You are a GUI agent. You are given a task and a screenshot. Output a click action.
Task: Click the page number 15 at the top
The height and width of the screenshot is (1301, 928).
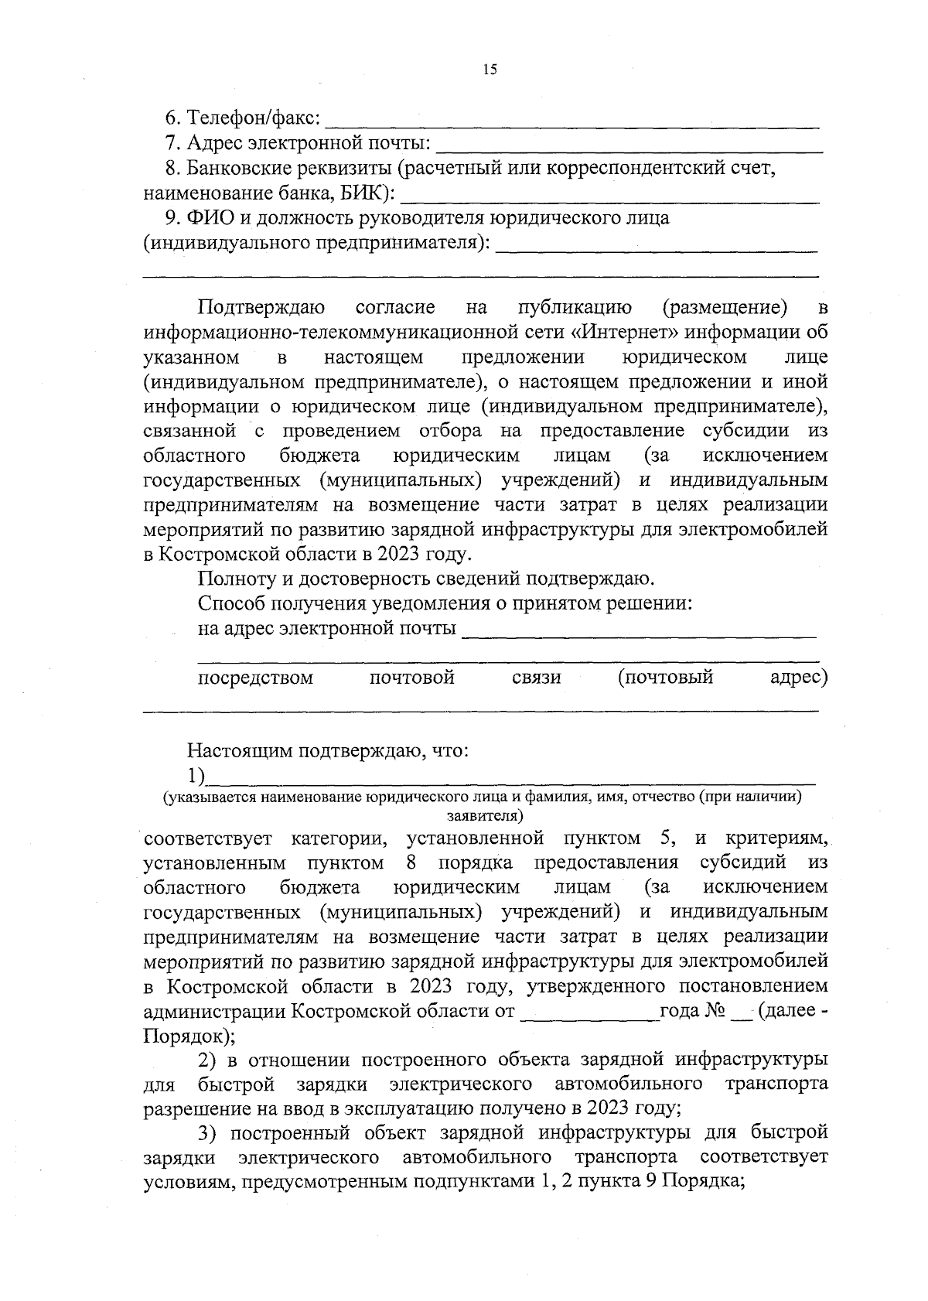click(x=489, y=70)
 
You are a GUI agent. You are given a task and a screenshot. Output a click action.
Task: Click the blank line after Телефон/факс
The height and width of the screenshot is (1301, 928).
click(x=572, y=123)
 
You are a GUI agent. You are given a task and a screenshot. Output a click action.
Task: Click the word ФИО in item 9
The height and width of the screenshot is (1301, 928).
click(x=207, y=218)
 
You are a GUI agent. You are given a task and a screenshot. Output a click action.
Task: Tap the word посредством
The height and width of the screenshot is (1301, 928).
click(x=256, y=678)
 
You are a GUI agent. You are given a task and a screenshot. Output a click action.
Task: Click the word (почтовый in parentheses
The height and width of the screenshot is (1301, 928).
click(x=665, y=678)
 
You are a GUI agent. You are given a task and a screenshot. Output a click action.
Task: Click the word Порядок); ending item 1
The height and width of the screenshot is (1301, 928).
click(x=190, y=1036)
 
